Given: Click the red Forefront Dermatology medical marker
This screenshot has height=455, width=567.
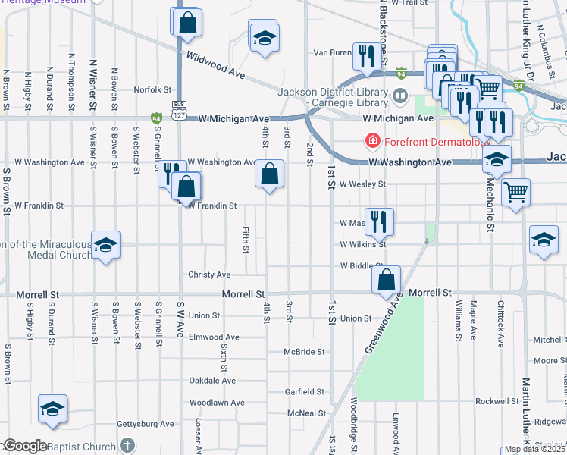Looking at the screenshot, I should [x=372, y=140].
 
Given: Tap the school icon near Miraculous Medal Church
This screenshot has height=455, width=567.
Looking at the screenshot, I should [x=106, y=244].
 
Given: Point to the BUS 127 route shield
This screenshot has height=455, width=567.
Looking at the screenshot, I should [x=179, y=109].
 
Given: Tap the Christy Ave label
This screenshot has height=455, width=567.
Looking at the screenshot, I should [x=209, y=275].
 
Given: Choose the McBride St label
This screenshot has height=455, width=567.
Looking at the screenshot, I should [x=304, y=352].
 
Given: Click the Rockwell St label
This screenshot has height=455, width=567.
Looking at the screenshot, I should [x=496, y=400].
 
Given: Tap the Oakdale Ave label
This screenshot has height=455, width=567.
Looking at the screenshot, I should [x=212, y=381].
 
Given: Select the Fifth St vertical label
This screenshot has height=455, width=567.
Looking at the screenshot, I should [x=246, y=240].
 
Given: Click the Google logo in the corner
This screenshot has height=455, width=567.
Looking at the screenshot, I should [x=24, y=446].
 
